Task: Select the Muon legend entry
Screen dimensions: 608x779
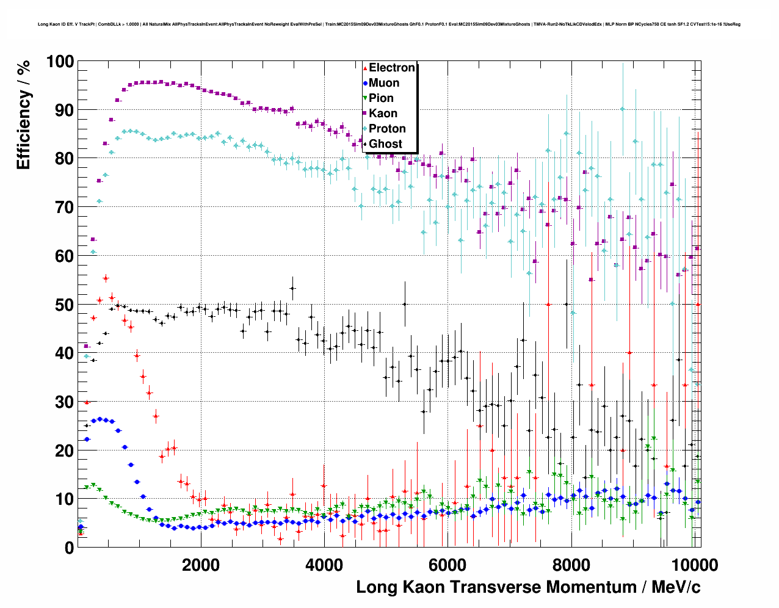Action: tap(384, 83)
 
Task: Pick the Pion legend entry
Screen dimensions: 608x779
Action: tap(381, 98)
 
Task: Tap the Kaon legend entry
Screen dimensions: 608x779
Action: tap(383, 114)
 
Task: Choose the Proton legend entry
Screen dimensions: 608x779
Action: tap(387, 129)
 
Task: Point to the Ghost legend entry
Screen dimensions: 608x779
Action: tap(385, 144)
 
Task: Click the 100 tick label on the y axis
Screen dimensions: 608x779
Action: tap(59, 62)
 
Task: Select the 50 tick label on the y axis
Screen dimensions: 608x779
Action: tap(64, 305)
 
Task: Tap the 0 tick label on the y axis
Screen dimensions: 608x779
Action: tap(69, 548)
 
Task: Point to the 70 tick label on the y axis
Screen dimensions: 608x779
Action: tap(64, 208)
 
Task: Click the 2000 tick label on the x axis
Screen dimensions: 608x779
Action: tap(200, 565)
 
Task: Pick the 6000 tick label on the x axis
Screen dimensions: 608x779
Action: tap(447, 565)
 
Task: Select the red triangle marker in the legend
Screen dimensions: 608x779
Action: tap(365, 68)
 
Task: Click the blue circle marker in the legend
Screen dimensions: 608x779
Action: tap(365, 83)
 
